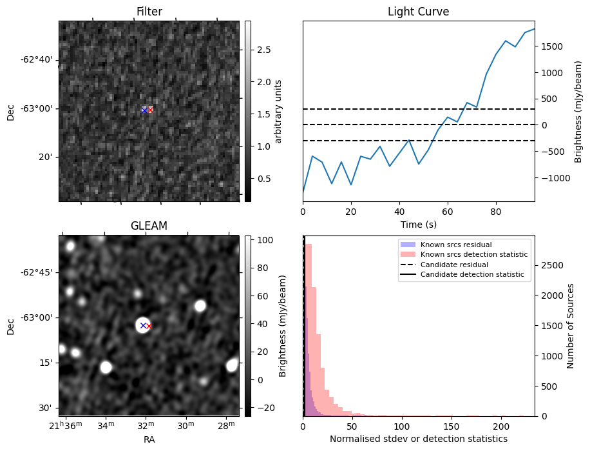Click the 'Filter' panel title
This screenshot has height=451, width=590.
[x=149, y=12]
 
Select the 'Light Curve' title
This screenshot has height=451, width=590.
[x=418, y=12]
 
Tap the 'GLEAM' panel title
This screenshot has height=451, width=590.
[x=149, y=226]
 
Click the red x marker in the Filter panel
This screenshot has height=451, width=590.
[x=151, y=110]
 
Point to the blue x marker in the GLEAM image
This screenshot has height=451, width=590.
[x=143, y=326]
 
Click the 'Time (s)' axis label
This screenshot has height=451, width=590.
[x=418, y=223]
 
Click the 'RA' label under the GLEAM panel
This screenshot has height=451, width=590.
[x=149, y=439]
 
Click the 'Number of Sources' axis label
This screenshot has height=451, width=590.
[x=571, y=326]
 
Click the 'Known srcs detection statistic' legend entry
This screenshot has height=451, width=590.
[x=473, y=255]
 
